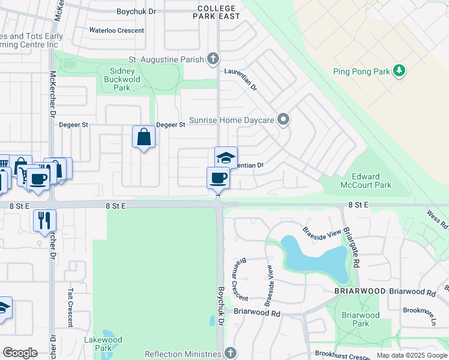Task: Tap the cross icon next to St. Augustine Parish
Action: point(212,59)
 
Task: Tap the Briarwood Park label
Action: point(360,319)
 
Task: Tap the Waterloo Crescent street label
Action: point(116,31)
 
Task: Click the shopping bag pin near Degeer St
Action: point(143,137)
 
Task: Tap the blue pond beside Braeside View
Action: point(314,259)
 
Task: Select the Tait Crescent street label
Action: point(71,306)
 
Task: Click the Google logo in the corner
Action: point(20,352)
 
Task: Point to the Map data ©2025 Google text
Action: point(411,355)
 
